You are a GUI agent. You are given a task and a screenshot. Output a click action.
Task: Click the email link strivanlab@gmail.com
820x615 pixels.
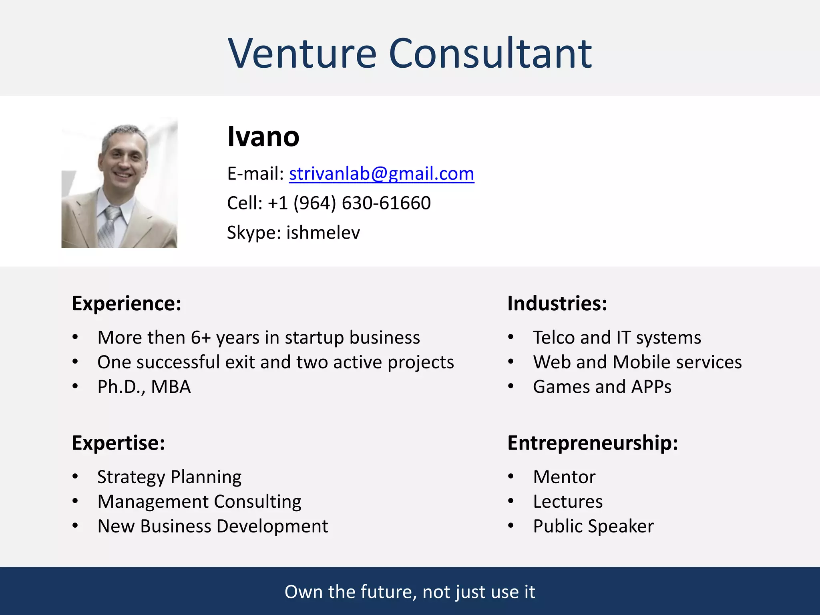coord(381,174)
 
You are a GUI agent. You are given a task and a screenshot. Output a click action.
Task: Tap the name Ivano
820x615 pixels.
coord(263,137)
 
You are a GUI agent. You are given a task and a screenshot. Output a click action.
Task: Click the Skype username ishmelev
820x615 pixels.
coord(323,233)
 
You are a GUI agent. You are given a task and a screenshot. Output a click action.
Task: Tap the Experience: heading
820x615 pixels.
coord(127,303)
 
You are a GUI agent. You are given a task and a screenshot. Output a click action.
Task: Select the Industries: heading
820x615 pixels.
coord(557,303)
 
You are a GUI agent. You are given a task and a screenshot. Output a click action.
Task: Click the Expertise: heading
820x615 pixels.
coord(119,443)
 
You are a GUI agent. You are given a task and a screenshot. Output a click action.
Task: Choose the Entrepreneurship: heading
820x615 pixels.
coord(593,443)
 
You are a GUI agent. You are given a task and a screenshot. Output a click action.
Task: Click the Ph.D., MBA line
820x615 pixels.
coord(144,387)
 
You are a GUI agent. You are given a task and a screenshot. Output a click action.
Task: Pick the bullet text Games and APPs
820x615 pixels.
coord(602,387)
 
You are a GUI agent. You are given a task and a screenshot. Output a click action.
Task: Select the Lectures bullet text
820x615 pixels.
coord(567,502)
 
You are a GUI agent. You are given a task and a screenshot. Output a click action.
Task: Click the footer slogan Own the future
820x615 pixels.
coord(410,592)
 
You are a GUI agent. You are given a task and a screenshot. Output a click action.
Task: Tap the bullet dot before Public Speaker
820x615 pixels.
coord(510,526)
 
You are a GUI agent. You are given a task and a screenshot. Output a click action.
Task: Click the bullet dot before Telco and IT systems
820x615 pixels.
coord(510,337)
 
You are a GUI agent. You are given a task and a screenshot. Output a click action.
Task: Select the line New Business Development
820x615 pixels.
coord(213,526)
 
